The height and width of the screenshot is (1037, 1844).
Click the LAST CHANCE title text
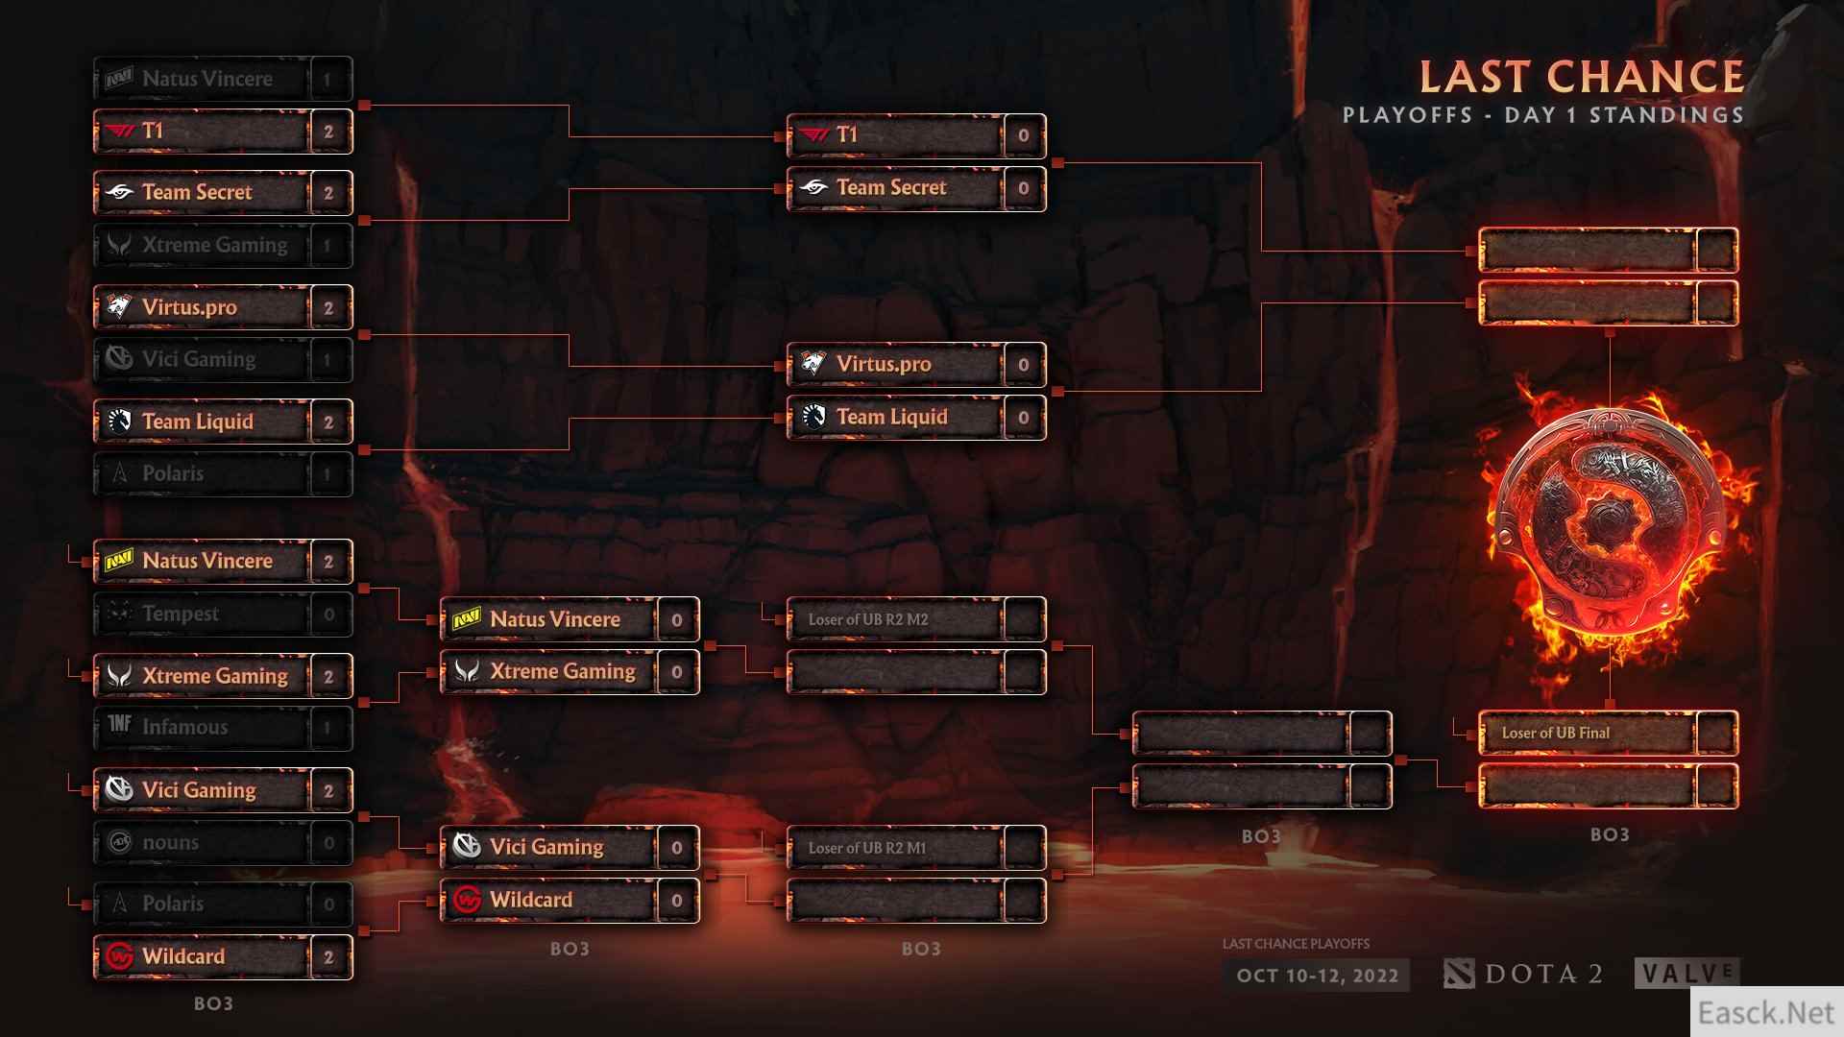tap(1581, 77)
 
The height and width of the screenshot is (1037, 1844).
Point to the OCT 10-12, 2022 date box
tap(1317, 976)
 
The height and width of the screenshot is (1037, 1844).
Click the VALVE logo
tap(1686, 974)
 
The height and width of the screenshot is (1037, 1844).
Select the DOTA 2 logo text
tap(1542, 975)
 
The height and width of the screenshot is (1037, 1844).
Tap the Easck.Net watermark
tap(1765, 1012)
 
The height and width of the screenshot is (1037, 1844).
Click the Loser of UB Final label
tap(1555, 733)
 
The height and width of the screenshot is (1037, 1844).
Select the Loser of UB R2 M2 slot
tap(868, 619)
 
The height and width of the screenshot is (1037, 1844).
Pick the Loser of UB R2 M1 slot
tap(867, 848)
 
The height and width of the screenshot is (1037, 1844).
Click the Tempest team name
tap(181, 614)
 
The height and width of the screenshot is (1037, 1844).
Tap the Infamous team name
tap(184, 727)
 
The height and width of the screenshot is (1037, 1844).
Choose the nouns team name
tap(170, 842)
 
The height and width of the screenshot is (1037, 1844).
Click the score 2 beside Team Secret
tap(328, 193)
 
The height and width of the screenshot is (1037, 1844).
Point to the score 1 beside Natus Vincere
tap(328, 80)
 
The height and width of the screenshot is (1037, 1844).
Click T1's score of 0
tap(1023, 135)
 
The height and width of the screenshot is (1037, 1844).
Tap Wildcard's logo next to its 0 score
tap(467, 901)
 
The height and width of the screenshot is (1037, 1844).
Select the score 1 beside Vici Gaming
tap(328, 360)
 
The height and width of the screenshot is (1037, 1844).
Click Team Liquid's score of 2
tap(328, 422)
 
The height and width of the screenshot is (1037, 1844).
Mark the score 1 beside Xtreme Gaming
tap(328, 246)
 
